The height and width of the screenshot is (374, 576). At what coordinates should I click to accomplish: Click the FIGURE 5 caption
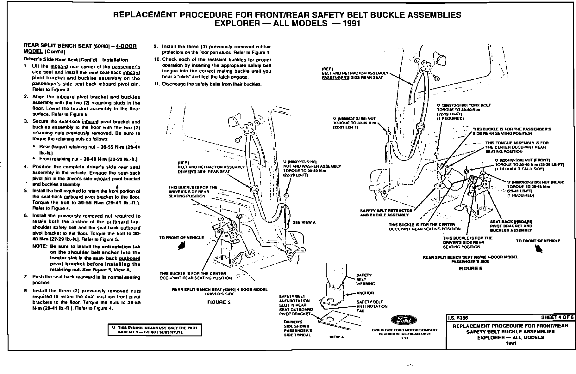219,302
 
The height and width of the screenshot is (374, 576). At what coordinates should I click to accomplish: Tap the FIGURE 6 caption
470,268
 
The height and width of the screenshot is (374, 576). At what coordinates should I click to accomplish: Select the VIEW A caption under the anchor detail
336,337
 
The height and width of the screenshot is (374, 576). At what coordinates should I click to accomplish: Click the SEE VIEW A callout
304,222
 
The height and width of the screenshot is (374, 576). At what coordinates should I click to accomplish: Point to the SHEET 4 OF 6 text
557,317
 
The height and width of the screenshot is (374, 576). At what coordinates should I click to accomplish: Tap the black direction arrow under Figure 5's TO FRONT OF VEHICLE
182,246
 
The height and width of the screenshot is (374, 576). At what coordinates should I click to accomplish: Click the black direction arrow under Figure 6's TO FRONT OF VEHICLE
538,249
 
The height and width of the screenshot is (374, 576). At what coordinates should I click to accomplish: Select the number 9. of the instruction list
156,46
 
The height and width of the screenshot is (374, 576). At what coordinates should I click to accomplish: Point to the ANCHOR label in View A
365,293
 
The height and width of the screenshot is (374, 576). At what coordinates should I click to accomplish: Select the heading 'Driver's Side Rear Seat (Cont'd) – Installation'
76,60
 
